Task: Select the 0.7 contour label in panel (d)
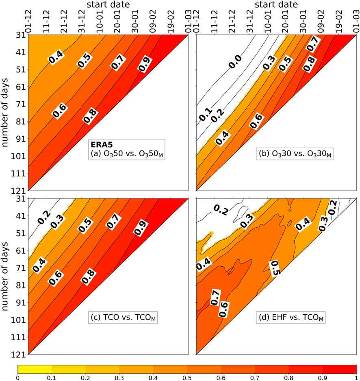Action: [x=215, y=297]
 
